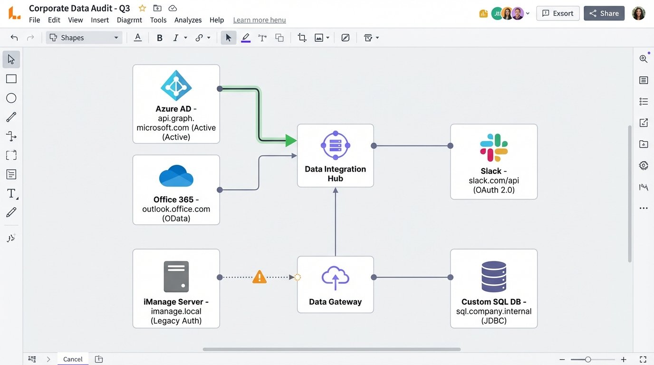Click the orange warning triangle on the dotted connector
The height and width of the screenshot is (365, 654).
[x=259, y=277]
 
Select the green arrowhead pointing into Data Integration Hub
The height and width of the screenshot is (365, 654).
[x=291, y=140]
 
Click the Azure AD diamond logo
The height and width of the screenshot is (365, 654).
[x=176, y=86]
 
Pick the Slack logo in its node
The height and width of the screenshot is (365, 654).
[x=494, y=147]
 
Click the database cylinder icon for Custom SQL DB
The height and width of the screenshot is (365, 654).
[x=494, y=277]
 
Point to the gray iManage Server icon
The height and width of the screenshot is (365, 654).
[x=176, y=277]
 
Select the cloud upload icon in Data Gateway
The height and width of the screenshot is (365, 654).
[x=335, y=278]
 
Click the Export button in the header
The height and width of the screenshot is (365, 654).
[x=558, y=13]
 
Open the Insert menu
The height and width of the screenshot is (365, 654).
[x=100, y=20]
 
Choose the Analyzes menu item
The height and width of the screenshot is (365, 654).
[x=188, y=20]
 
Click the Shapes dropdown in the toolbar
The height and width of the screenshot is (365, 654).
[x=84, y=38]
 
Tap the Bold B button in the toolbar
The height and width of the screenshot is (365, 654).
[x=160, y=38]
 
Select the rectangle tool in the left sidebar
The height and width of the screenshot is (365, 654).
[x=11, y=79]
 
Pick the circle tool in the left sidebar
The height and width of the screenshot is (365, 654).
[x=11, y=98]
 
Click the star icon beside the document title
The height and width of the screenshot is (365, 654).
[x=142, y=8]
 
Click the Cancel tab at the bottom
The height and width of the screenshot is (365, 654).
[x=73, y=359]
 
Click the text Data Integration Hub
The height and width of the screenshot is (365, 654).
[x=335, y=173]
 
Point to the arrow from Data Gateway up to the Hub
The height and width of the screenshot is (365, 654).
[x=335, y=223]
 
